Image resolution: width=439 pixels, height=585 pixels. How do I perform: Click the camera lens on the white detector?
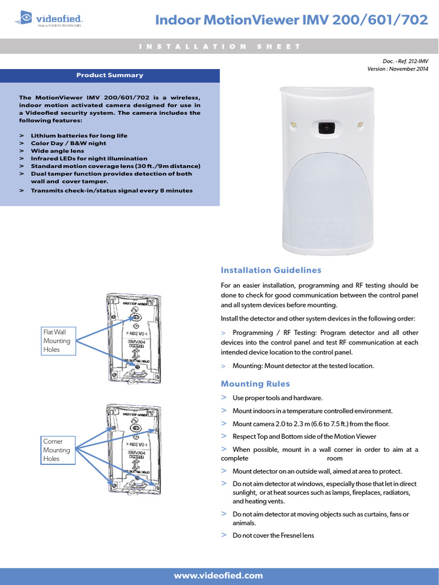point(325,127)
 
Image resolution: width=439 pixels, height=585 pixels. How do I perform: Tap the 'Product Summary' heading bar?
point(110,75)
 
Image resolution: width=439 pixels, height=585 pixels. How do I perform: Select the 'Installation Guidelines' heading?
point(271,270)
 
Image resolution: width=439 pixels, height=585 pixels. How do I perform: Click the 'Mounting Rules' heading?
point(255,384)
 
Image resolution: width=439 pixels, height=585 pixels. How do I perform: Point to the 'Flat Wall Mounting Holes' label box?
point(57,341)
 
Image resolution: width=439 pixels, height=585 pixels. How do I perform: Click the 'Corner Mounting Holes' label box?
point(57,450)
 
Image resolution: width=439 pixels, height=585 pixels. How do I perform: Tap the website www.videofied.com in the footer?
point(218,575)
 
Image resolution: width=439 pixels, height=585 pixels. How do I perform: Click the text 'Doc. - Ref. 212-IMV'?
point(405,61)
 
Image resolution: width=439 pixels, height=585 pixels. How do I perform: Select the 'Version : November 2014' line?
point(398,69)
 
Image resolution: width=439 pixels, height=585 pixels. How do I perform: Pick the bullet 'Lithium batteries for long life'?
point(79,136)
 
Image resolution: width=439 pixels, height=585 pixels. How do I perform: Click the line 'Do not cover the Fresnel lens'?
point(273,536)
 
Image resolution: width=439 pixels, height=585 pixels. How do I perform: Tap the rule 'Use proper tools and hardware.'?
point(278,398)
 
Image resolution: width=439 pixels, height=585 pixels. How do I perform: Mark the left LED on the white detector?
point(292,124)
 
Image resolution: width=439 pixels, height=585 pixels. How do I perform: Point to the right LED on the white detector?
point(360,123)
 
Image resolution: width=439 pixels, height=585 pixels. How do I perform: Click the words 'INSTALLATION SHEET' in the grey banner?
point(219,46)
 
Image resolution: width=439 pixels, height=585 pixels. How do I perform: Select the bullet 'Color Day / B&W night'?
point(69,143)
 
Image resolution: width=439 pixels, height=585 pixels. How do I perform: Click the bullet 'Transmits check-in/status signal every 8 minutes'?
point(111,190)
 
